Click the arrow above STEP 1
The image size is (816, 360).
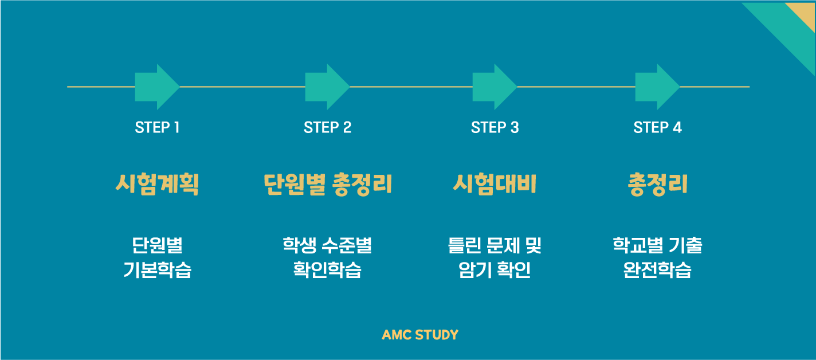pos(156,87)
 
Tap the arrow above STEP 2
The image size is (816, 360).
pos(327,87)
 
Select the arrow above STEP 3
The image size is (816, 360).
pos(494,87)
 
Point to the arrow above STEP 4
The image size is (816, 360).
pos(657,87)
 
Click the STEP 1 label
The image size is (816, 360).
pos(157,127)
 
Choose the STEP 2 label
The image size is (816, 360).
pos(327,127)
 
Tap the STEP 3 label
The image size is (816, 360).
pos(495,127)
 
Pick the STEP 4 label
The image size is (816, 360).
pos(657,127)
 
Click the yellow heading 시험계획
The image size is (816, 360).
pos(157,185)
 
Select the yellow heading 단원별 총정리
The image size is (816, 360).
pos(327,185)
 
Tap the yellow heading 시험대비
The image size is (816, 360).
pos(495,185)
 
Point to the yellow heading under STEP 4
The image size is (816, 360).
pos(657,185)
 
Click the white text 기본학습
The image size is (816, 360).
pos(157,270)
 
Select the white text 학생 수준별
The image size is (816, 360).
pos(327,246)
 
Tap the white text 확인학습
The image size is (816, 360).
pos(327,270)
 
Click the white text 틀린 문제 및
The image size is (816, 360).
pos(495,246)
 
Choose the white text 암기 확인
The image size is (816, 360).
pos(495,270)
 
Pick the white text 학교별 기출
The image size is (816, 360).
pos(657,246)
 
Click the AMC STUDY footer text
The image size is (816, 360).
pos(420,335)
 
